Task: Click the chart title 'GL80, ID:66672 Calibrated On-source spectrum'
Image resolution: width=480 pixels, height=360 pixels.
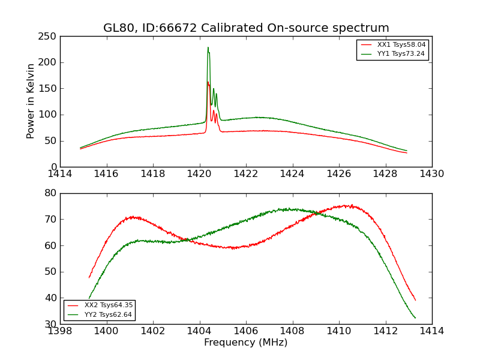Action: [x=246, y=28]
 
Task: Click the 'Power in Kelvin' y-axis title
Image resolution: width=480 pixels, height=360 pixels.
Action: [x=31, y=101]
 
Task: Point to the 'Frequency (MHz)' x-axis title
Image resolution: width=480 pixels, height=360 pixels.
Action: [x=246, y=343]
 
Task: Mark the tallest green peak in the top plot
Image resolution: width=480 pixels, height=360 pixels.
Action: [x=208, y=47]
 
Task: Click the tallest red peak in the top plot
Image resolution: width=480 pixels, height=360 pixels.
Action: [x=208, y=82]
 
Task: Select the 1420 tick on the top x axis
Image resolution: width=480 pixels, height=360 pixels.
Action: [x=200, y=174]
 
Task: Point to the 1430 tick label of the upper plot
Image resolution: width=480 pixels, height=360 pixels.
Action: [x=432, y=174]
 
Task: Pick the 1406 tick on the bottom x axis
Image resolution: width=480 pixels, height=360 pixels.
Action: [x=246, y=331]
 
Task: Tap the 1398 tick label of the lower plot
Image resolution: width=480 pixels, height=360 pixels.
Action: [x=60, y=331]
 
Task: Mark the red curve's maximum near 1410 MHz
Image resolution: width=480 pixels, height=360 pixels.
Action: [x=348, y=205]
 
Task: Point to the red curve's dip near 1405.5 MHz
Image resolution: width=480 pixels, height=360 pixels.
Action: [x=233, y=248]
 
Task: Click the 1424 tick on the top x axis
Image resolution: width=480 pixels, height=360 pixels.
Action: [x=293, y=174]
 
